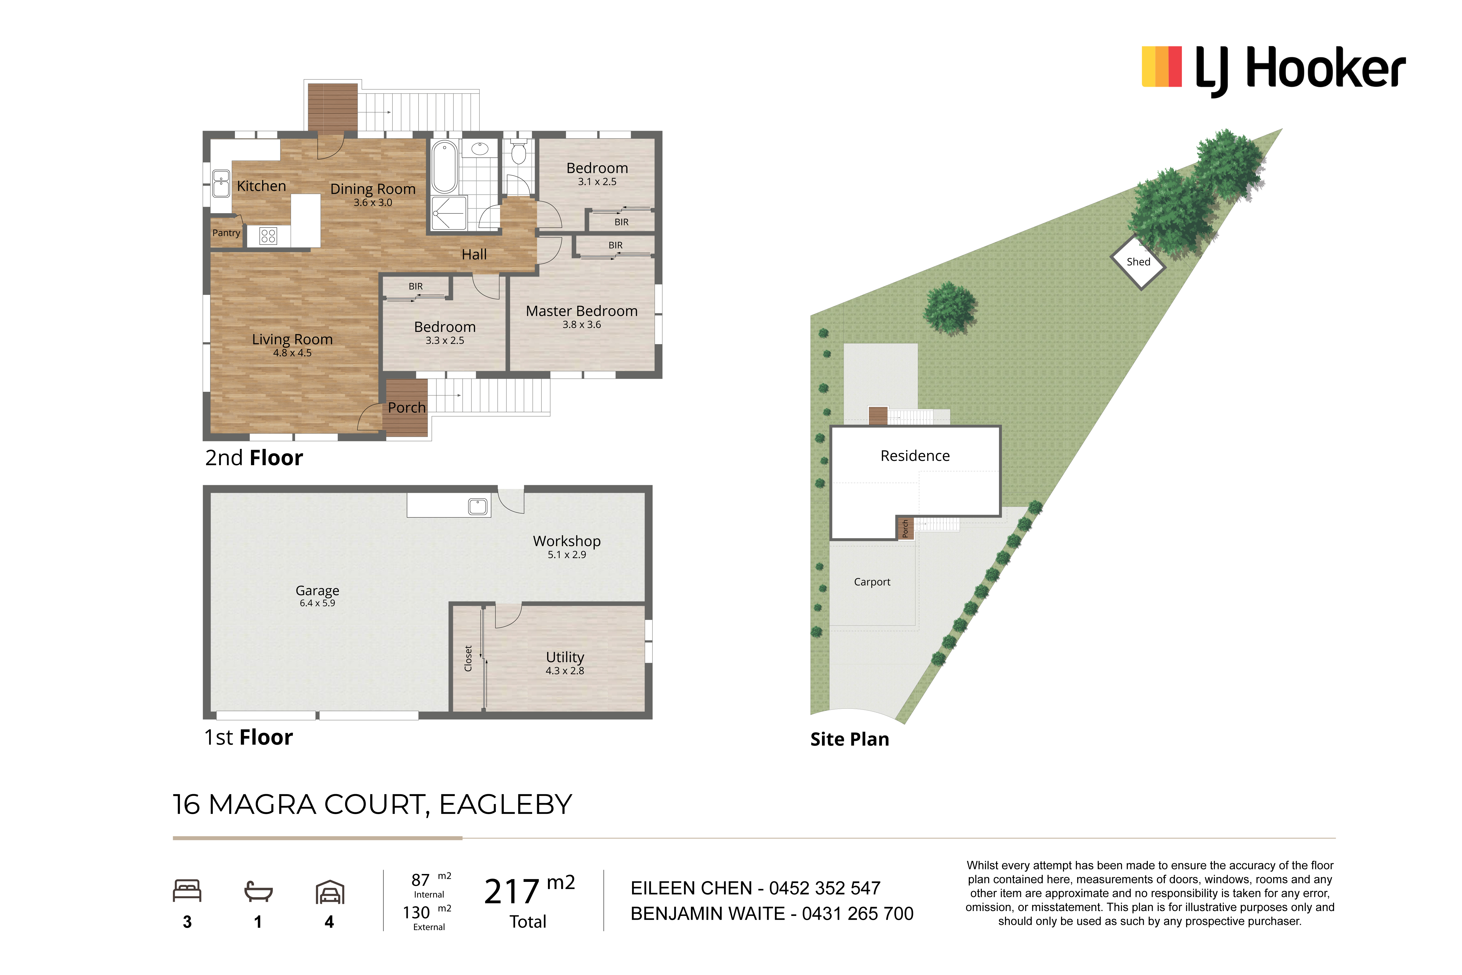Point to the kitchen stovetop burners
269,236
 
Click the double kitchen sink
221,184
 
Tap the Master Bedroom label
582,311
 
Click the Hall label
474,254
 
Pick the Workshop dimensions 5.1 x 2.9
567,555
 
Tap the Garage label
318,591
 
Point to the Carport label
872,582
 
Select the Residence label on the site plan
915,456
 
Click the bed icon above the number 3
187,890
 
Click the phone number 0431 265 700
858,913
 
